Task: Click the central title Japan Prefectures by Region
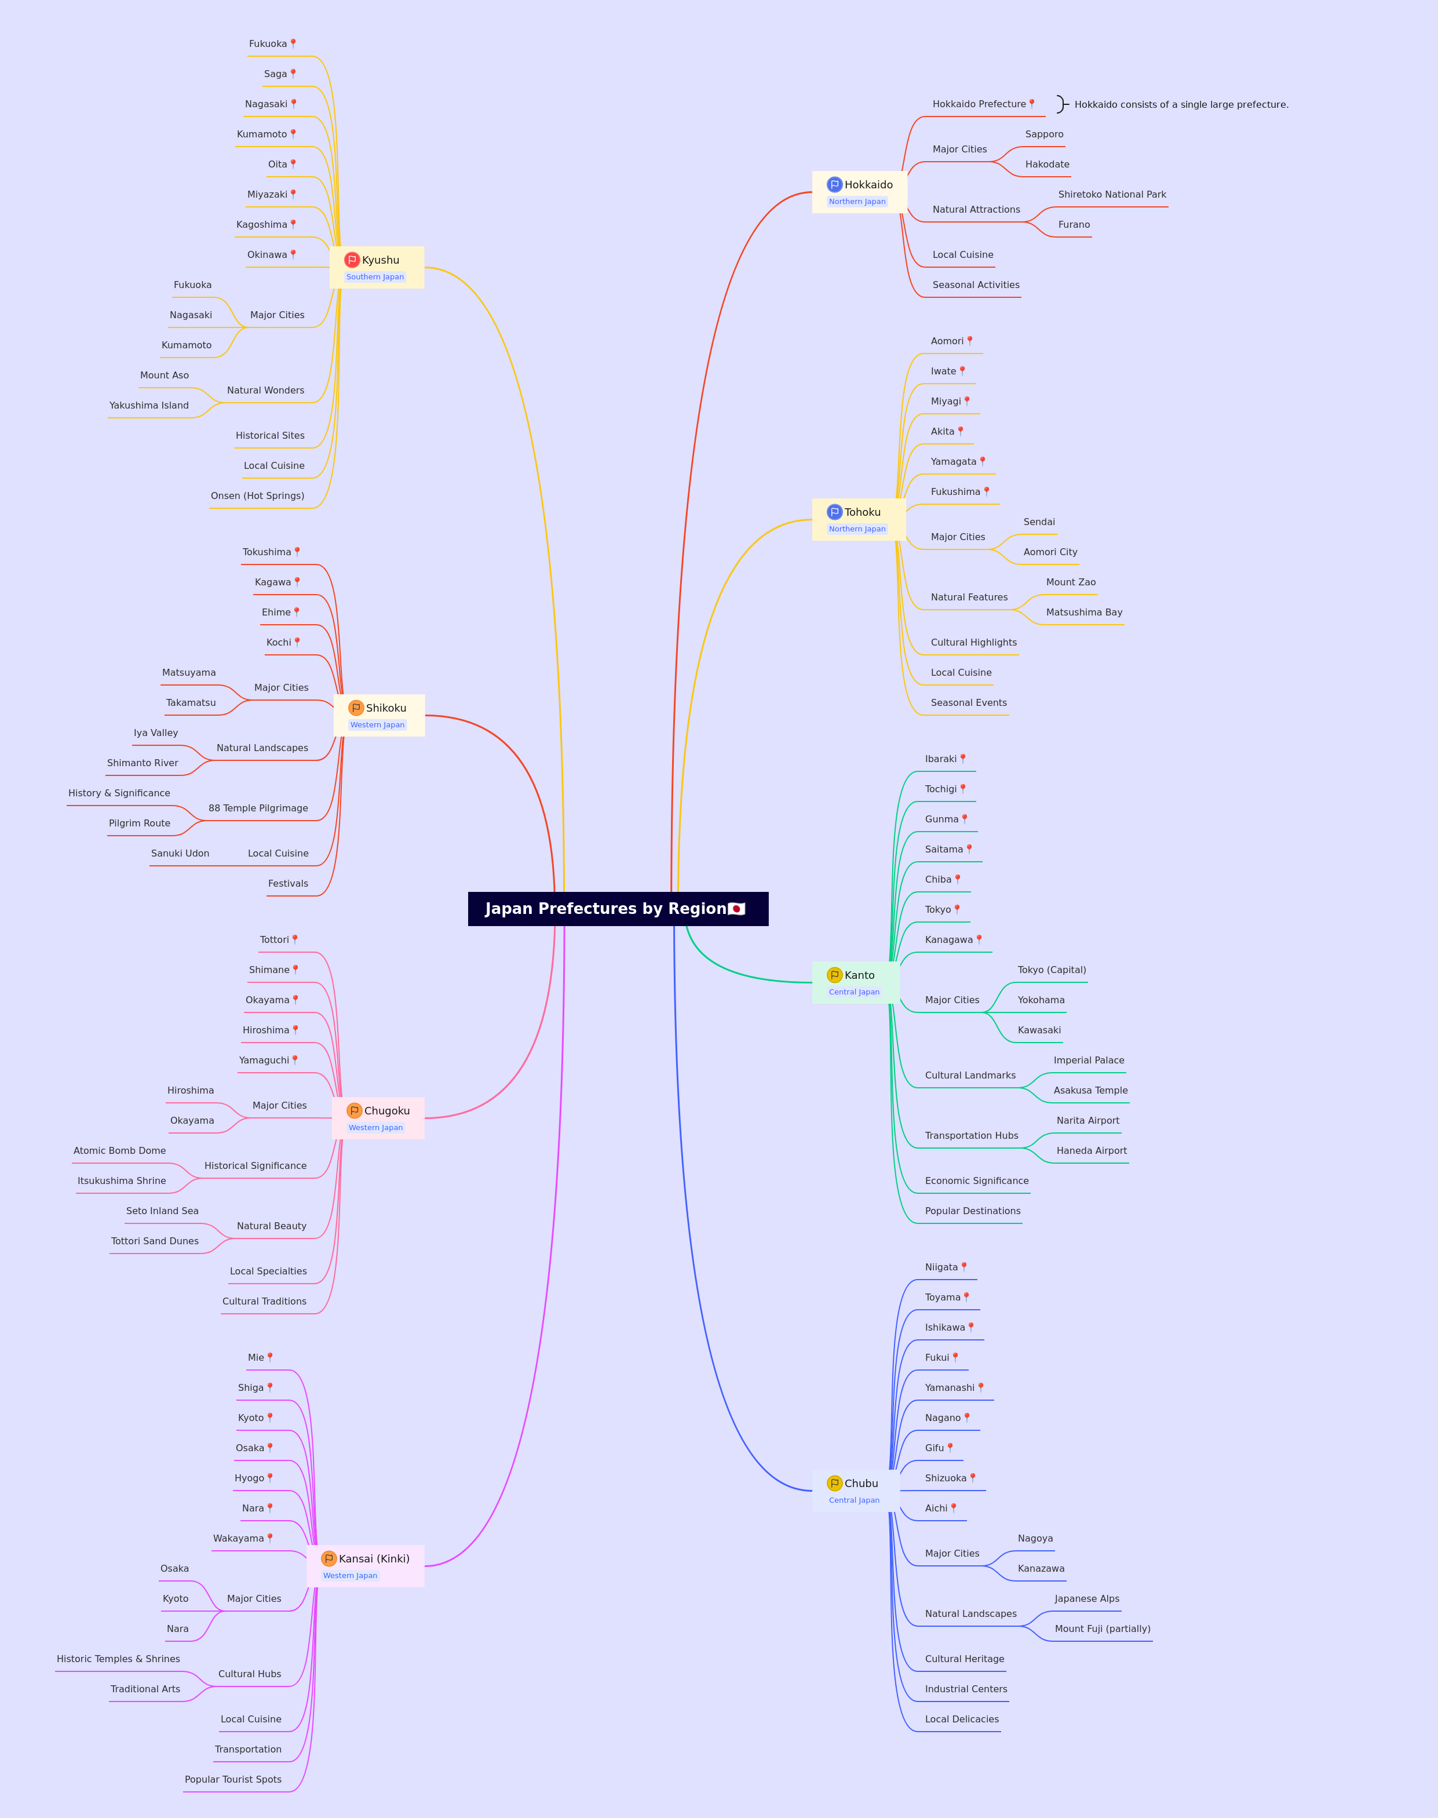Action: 618,909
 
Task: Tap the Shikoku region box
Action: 379,715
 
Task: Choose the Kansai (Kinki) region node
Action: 366,1566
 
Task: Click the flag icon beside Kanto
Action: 834,975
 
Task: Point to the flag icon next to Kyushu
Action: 352,260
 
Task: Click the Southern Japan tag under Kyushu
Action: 375,277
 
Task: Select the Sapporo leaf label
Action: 1044,134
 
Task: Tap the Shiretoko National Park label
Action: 1112,195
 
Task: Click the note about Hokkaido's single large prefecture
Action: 1181,104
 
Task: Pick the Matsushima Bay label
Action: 1085,612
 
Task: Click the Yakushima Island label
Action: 149,405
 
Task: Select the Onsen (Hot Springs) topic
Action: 258,496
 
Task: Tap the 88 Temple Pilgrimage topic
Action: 258,808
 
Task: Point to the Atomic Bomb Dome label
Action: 119,1151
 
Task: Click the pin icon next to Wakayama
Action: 270,1538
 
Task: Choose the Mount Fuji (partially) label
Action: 1103,1628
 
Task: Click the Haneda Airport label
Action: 1092,1151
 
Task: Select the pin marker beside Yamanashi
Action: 981,1387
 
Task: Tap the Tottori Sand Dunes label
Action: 155,1241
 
